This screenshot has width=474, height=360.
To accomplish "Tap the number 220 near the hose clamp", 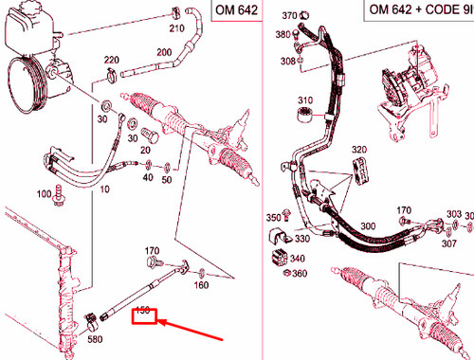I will pos(111,60).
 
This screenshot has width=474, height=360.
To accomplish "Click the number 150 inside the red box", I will pos(143,310).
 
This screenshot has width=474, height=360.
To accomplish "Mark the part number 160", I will pos(201,283).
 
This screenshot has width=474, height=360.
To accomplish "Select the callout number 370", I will pos(290,16).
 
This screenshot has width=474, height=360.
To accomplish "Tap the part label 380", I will pos(283,34).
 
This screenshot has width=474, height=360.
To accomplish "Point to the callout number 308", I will pos(286,60).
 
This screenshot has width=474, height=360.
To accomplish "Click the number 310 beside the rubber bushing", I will pos(304,100).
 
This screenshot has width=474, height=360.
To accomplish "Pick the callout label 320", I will pos(357,150).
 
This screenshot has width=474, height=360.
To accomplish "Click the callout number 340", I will pos(298,258).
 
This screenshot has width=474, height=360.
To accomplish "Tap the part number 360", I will pos(299,274).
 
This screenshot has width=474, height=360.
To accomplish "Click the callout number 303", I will pos(453,215).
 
